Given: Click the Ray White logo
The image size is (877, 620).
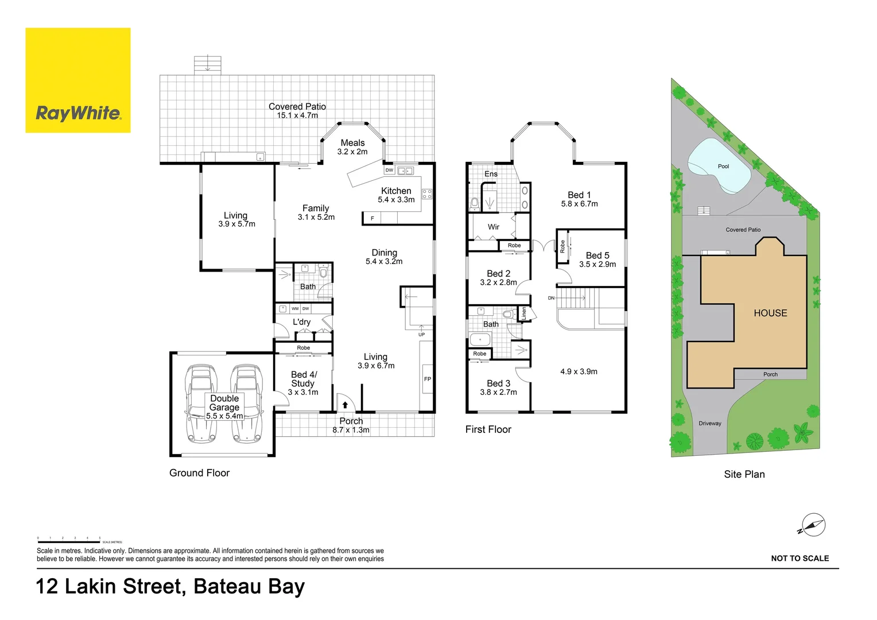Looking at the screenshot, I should point(78,80).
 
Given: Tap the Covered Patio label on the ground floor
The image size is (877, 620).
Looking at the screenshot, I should point(297,107).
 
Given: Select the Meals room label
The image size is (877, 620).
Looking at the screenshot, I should point(352,143).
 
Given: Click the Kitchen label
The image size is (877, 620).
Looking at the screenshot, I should point(396,191).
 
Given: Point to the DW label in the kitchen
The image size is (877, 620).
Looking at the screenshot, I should point(389,170).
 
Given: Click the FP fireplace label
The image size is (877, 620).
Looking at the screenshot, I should point(427,379).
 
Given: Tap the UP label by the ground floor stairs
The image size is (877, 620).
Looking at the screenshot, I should point(421,335).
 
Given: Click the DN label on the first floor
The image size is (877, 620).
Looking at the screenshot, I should point(551,298).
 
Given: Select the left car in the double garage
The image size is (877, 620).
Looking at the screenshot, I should point(200,404).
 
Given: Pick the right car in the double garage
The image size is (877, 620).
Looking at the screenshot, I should point(247,404).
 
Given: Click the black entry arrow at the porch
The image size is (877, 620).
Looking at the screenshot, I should point(345,405).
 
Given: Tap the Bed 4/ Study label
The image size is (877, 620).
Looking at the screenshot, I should point(303,379).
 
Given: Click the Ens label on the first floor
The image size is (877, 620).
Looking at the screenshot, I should point(491,174).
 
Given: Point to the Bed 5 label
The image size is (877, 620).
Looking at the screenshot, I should point(597,255).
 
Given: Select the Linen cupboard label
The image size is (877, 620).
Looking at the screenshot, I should point(524,313).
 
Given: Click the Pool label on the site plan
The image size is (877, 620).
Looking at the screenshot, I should point(723,166).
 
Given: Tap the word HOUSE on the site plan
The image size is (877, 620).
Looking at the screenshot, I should point(770,313).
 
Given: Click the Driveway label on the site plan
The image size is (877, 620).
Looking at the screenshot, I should point(710,424).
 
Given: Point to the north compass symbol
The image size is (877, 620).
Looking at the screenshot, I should point(813,525).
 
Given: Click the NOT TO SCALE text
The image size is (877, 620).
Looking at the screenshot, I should point(800,558).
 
